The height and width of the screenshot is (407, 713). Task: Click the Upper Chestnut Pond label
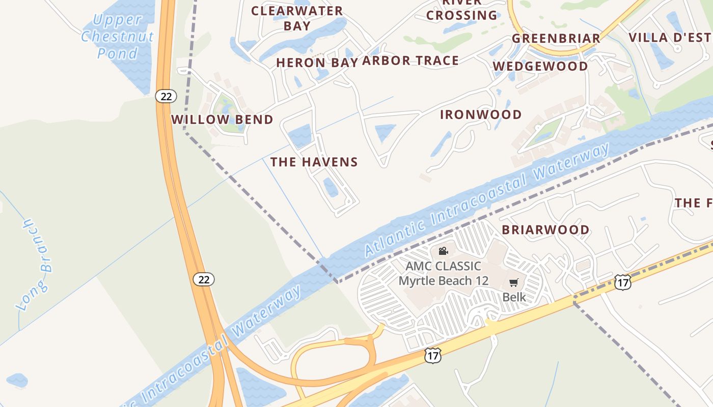tap(117, 37)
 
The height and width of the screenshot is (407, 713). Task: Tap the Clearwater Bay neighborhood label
tap(297, 18)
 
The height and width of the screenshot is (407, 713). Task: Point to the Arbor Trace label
tap(410, 61)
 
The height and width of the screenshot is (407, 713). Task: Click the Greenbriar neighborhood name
tap(556, 38)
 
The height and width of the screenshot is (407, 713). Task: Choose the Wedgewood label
tap(540, 66)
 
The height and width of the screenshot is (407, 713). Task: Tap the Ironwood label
tap(481, 114)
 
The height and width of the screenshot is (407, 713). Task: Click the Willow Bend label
tap(222, 120)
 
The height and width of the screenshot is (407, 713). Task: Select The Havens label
tap(314, 162)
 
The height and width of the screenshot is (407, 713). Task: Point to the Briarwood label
tap(545, 229)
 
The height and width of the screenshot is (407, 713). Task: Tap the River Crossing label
tap(461, 10)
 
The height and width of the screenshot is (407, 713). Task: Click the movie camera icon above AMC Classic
tap(443, 251)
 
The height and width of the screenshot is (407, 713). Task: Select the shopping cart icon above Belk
tap(513, 283)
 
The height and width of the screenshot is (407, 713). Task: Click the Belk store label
tap(514, 297)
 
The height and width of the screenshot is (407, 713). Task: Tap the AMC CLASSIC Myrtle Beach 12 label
tap(443, 273)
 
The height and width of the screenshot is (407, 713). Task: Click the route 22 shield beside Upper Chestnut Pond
tap(166, 96)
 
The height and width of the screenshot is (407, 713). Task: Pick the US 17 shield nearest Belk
tap(622, 282)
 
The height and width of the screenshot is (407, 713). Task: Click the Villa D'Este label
tap(670, 37)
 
